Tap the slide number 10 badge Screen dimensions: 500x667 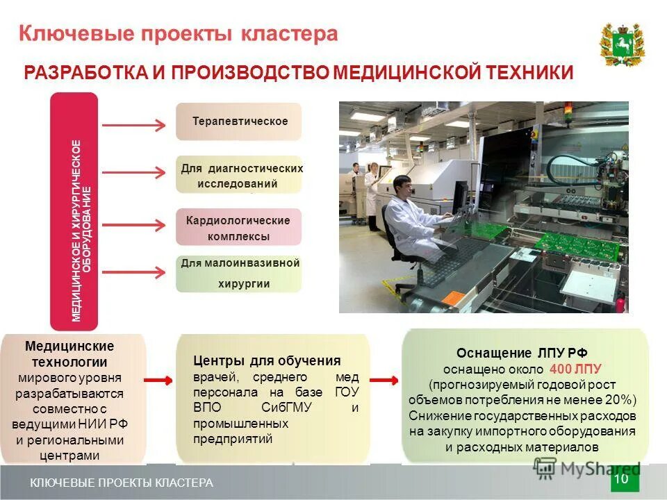[621, 479]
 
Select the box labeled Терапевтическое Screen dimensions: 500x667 [238, 122]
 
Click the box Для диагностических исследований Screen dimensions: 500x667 [238, 175]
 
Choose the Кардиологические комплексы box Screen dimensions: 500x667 [238, 227]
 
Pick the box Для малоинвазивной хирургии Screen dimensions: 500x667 [238, 274]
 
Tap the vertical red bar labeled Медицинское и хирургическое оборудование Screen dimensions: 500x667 [74, 210]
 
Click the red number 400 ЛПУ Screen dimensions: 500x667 [575, 368]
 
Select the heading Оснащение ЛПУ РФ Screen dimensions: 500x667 [526, 352]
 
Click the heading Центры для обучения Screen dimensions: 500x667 [267, 360]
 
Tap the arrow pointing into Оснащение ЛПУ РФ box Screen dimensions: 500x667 [384, 380]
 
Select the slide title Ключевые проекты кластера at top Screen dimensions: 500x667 [178, 34]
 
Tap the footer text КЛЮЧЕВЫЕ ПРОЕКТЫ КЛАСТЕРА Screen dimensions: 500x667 [122, 483]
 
